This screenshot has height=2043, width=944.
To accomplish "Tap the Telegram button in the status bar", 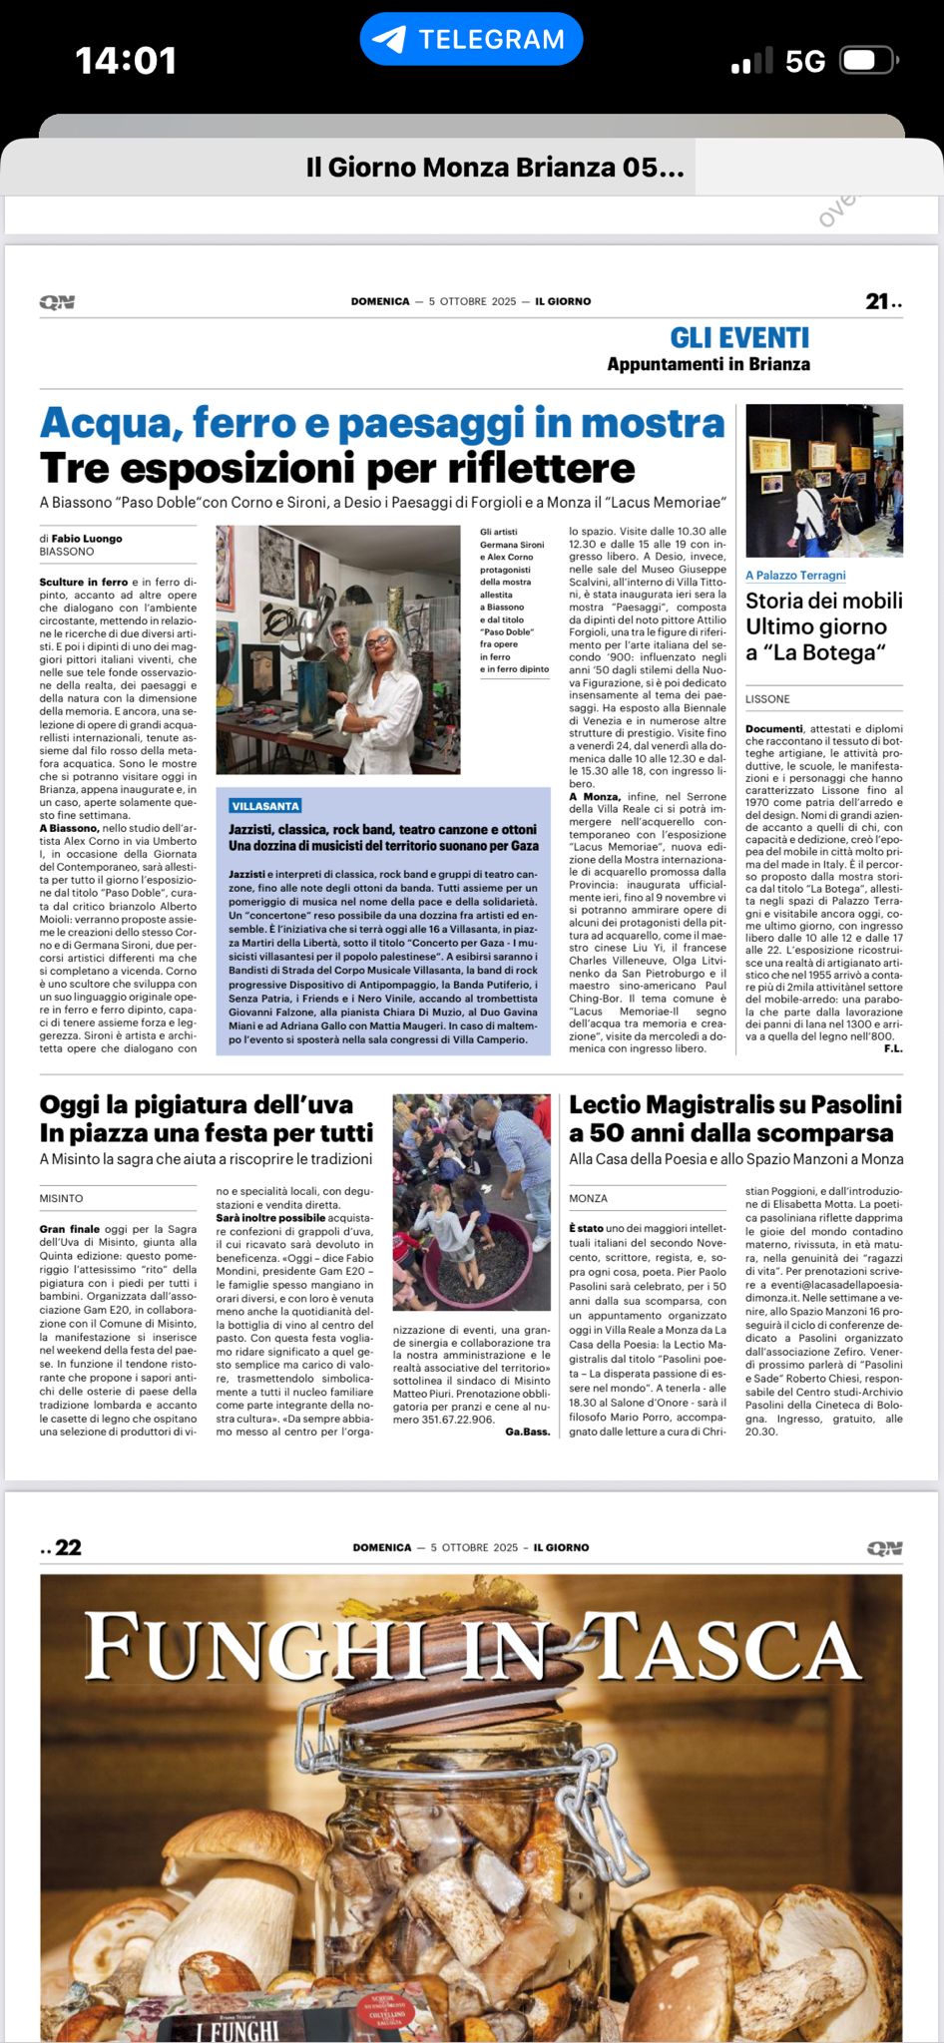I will click(471, 39).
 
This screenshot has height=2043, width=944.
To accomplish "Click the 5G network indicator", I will click(804, 62).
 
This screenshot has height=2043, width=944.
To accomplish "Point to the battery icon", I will click(868, 61).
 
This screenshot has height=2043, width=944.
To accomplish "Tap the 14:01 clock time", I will click(126, 61).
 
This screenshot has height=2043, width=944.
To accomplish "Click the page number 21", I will click(877, 301).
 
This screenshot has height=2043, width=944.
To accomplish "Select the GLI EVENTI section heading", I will click(739, 337).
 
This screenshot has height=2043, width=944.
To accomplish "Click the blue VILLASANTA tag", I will click(264, 806).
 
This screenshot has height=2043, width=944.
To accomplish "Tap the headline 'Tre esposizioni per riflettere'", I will click(337, 468).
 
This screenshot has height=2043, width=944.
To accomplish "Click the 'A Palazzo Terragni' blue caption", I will click(795, 575).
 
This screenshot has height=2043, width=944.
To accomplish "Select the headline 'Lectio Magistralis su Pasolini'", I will click(734, 1104).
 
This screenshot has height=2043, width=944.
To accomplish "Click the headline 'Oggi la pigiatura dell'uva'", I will click(197, 1104).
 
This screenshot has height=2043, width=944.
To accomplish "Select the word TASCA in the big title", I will click(726, 1647).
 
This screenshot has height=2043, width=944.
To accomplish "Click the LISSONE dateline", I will click(767, 699).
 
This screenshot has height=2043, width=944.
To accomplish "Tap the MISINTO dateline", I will click(62, 1198).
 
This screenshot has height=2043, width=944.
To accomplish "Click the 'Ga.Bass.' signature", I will click(527, 1431).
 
